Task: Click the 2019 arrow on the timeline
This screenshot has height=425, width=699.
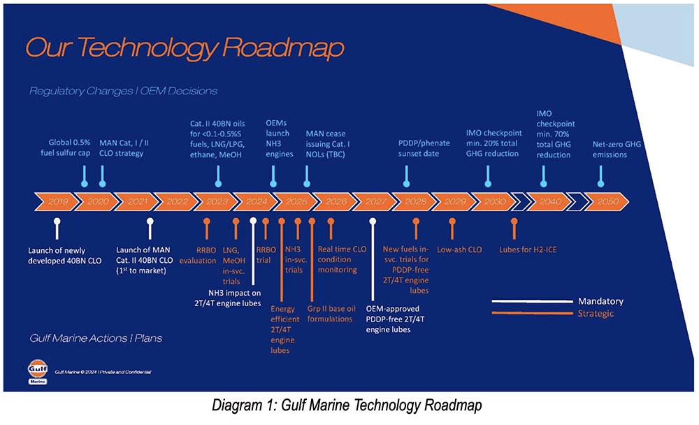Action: click(x=55, y=201)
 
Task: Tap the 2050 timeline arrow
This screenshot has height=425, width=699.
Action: click(x=605, y=201)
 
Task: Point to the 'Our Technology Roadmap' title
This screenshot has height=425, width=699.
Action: click(x=185, y=48)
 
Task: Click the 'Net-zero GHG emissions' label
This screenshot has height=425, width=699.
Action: click(x=617, y=149)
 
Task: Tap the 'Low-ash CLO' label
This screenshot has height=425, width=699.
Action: click(x=459, y=248)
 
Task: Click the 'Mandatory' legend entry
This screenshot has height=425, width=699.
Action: click(x=600, y=301)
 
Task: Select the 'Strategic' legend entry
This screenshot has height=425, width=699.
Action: click(x=596, y=313)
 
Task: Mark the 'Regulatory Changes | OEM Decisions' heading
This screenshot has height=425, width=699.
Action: click(x=123, y=91)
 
